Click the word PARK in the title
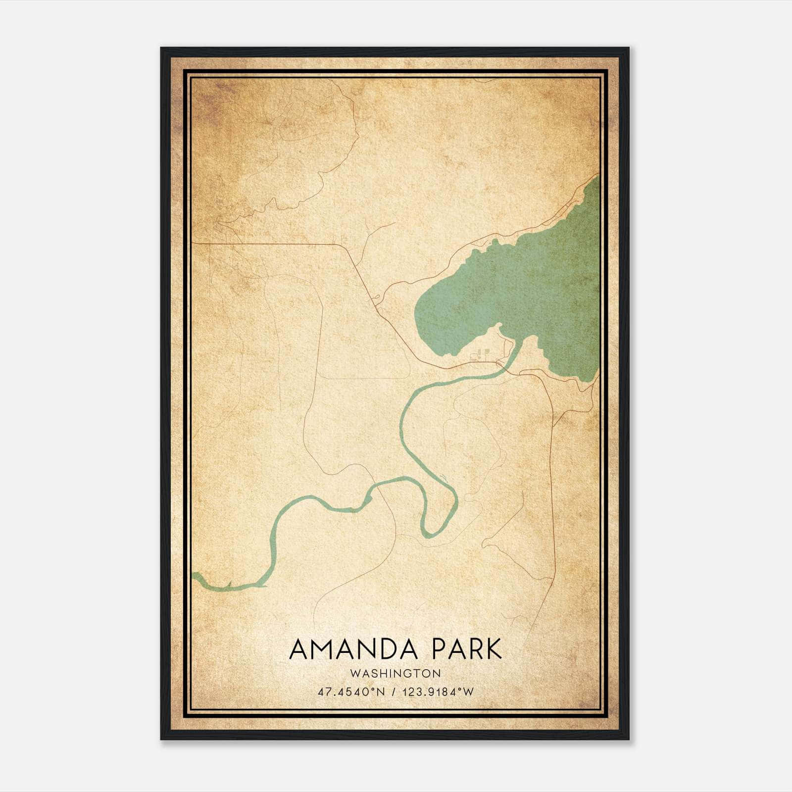click(x=467, y=649)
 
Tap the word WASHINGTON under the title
click(x=396, y=674)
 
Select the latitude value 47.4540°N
click(x=351, y=692)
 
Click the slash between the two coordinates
click(x=394, y=692)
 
